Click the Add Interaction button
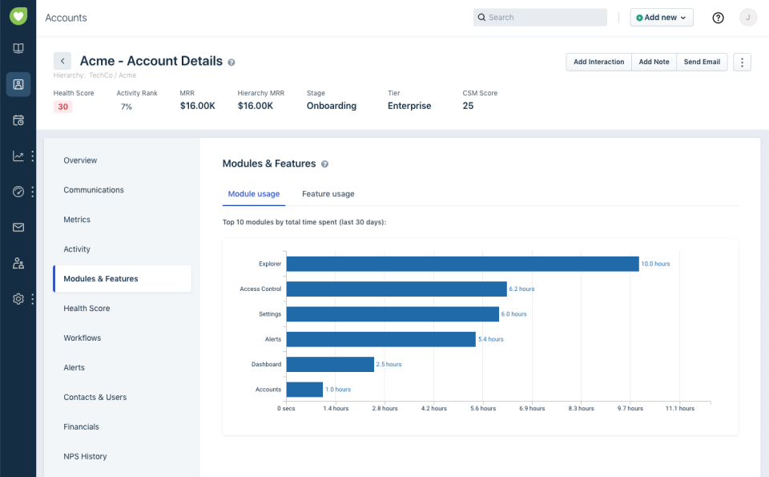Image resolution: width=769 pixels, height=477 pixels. coord(598,62)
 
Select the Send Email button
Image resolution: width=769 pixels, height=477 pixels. coord(702,62)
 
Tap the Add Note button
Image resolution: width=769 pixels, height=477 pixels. coord(654,62)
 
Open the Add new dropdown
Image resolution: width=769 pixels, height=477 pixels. coord(662,18)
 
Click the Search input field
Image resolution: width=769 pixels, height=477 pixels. coord(541,18)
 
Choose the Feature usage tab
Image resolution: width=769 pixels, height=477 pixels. coord(328,194)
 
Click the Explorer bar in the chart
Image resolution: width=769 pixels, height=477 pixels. coord(462,264)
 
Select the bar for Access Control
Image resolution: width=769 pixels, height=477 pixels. coord(397,289)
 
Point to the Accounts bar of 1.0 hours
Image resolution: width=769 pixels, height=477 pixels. coord(304,390)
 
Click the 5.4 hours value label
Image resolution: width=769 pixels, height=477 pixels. coord(491,339)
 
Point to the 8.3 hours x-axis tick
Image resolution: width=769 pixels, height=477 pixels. coord(582,408)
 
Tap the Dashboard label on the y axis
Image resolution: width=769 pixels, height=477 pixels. coord(266,364)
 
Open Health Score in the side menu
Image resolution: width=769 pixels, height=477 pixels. coord(87,309)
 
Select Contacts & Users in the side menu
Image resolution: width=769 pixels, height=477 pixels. coord(95,398)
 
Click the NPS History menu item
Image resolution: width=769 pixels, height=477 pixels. coord(85,457)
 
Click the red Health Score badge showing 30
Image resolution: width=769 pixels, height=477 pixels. coord(62,107)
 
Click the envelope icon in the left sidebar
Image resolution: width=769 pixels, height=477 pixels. coord(18,228)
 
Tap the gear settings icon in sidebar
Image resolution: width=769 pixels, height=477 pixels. coord(18,299)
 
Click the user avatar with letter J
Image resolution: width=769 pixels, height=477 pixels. coord(747,18)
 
